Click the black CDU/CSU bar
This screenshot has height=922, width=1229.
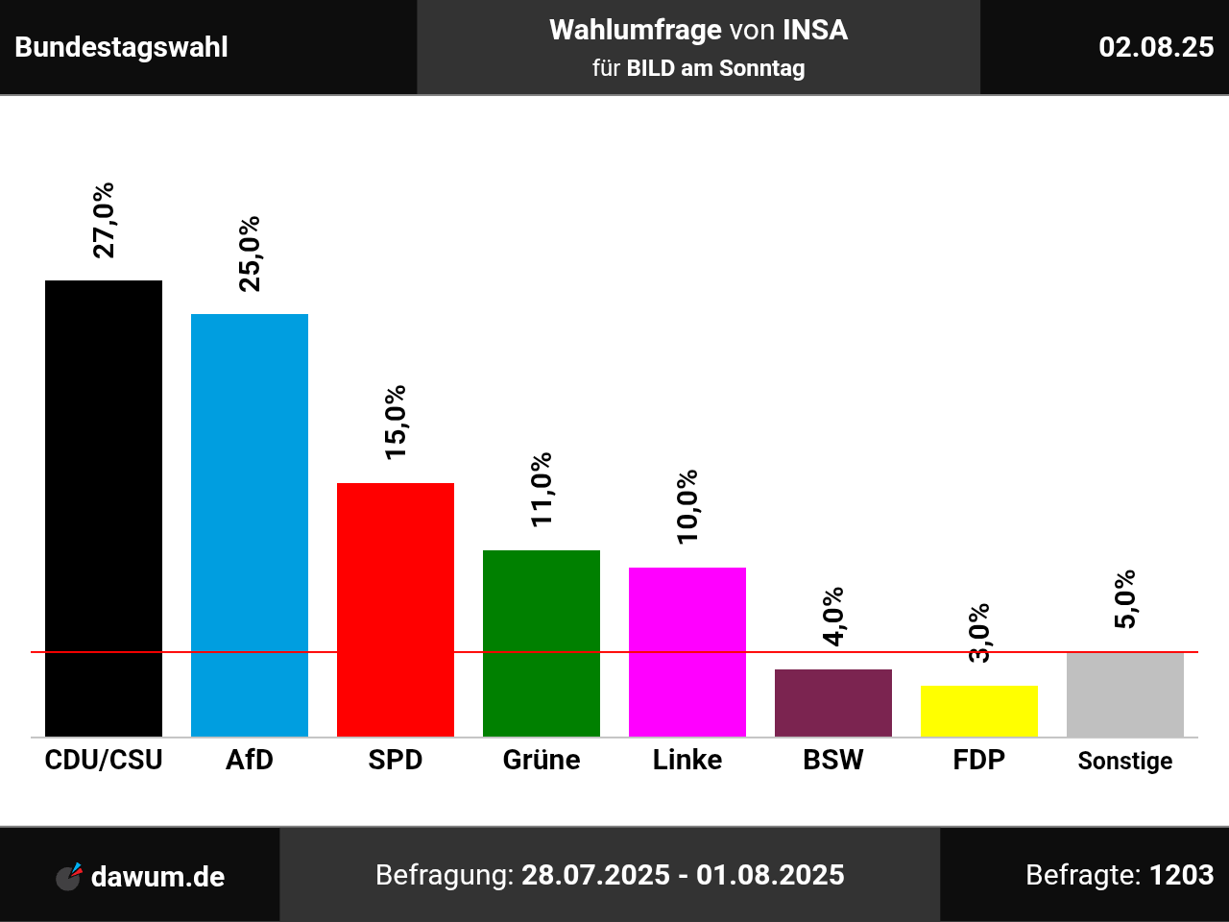pyautogui.click(x=104, y=508)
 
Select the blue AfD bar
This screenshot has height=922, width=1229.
pyautogui.click(x=250, y=525)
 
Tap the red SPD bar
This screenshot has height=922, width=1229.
pyautogui.click(x=396, y=610)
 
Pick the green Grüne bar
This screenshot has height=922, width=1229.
pyautogui.click(x=542, y=643)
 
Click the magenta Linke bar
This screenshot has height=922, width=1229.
pyautogui.click(x=687, y=652)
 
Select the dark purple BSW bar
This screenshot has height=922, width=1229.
pyautogui.click(x=833, y=703)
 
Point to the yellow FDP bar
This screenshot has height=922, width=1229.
pyautogui.click(x=979, y=711)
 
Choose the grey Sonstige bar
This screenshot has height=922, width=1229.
pyautogui.click(x=1125, y=694)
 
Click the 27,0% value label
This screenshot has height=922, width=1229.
pyautogui.click(x=104, y=220)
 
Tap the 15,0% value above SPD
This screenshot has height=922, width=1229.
pyautogui.click(x=396, y=423)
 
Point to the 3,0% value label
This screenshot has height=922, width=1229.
pyautogui.click(x=979, y=633)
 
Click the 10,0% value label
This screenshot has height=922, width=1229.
pyautogui.click(x=687, y=507)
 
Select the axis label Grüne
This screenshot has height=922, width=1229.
pyautogui.click(x=542, y=760)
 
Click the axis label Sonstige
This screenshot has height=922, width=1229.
pyautogui.click(x=1125, y=761)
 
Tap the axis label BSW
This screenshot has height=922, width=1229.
pyautogui.click(x=833, y=760)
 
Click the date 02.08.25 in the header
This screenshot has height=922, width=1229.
pyautogui.click(x=1156, y=47)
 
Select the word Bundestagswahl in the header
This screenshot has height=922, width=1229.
pyautogui.click(x=122, y=47)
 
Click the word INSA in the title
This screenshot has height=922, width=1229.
pyautogui.click(x=815, y=31)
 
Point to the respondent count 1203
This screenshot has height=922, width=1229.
pyautogui.click(x=1181, y=875)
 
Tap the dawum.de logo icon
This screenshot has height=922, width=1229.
pyautogui.click(x=69, y=876)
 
